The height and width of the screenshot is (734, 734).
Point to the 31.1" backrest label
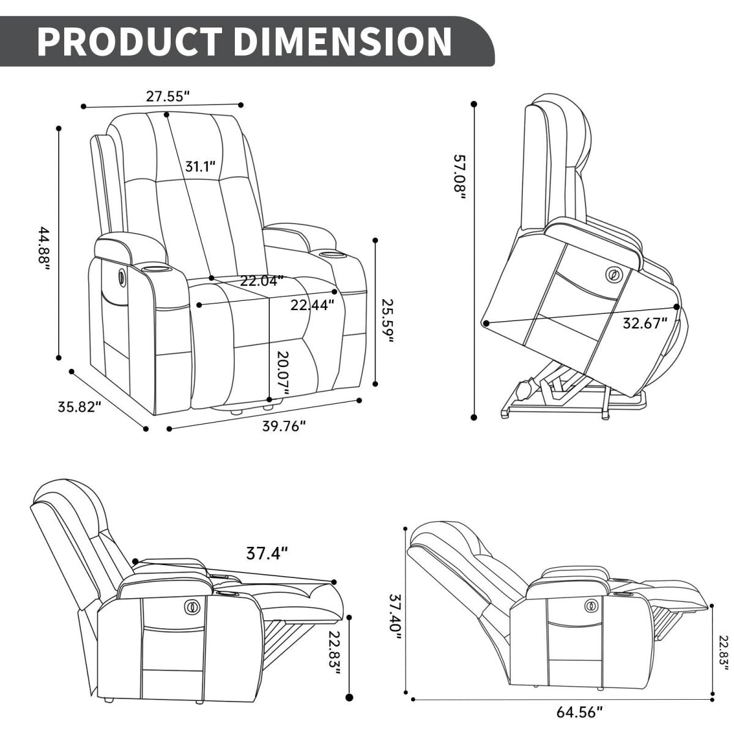click(201, 166)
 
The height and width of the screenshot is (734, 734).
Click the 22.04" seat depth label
click(262, 281)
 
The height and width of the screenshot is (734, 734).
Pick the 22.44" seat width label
click(312, 304)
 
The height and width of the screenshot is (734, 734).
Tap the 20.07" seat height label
click(282, 373)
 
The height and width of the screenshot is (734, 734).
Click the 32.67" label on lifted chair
click(644, 323)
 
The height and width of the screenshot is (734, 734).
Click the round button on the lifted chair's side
click(612, 275)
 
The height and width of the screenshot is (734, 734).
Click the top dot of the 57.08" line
click(474, 105)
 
